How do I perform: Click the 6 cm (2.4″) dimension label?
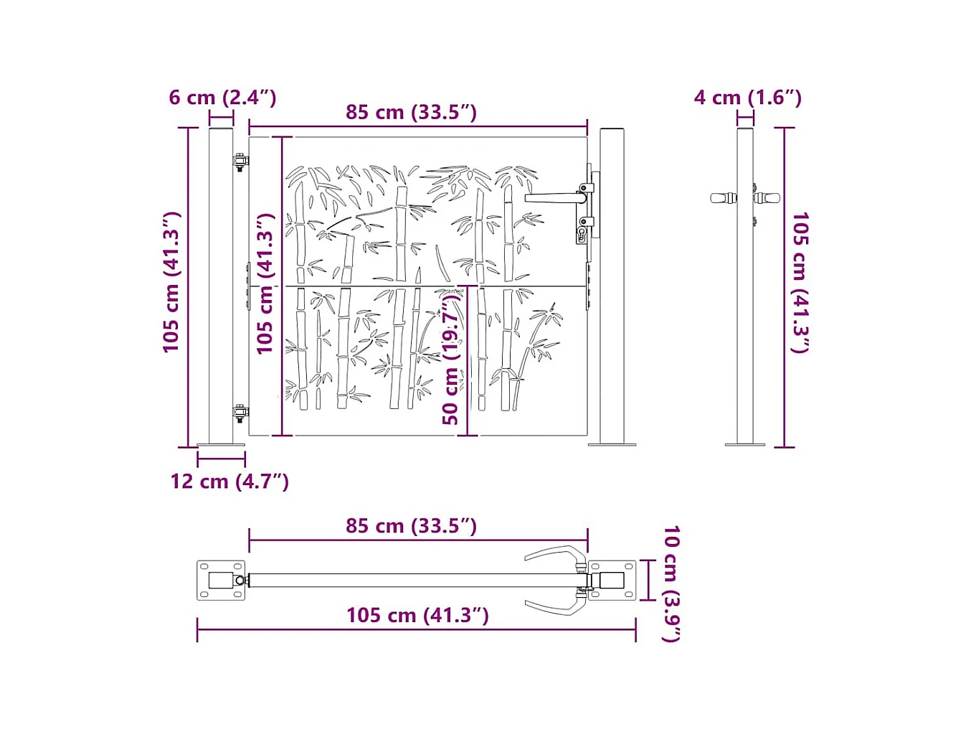(222, 98)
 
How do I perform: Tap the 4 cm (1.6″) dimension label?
(747, 98)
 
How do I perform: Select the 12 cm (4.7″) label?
(229, 482)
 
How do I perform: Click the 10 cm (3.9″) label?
(671, 583)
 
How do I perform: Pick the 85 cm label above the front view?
(411, 113)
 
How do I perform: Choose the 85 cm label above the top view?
(411, 526)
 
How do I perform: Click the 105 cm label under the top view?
(417, 616)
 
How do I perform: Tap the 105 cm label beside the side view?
(800, 283)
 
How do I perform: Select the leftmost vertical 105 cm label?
(171, 283)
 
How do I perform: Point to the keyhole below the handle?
(582, 233)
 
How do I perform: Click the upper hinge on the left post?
(240, 161)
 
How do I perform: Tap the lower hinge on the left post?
(240, 413)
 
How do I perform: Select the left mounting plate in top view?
(221, 581)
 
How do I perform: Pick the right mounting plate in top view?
(612, 581)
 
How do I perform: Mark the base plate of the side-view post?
(744, 445)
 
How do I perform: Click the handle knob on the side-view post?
(723, 198)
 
